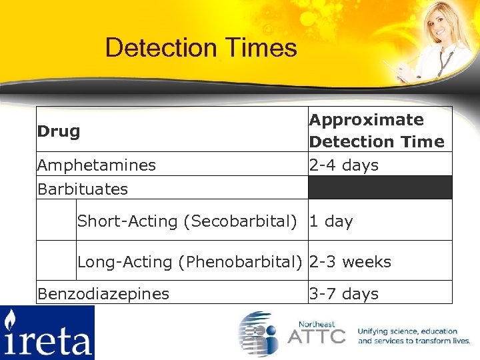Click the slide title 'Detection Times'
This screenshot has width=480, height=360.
pyautogui.click(x=201, y=48)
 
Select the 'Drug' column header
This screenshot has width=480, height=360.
pyautogui.click(x=59, y=131)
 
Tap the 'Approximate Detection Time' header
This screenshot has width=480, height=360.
pyautogui.click(x=376, y=131)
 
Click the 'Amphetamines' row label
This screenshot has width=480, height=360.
pyautogui.click(x=97, y=165)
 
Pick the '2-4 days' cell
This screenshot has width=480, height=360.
pyautogui.click(x=343, y=165)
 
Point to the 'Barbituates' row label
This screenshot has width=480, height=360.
pyautogui.click(x=83, y=189)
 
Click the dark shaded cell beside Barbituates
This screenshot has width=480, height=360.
pyautogui.click(x=379, y=187)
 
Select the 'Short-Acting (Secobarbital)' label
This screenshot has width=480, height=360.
pyautogui.click(x=187, y=221)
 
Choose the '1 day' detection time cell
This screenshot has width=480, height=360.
pyautogui.click(x=331, y=221)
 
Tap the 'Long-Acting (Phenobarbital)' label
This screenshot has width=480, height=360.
pyautogui.click(x=190, y=262)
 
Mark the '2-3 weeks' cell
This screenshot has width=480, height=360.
pyautogui.click(x=350, y=262)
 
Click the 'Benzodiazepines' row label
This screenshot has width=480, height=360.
pyautogui.click(x=103, y=293)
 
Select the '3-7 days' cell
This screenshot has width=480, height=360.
pyautogui.click(x=343, y=293)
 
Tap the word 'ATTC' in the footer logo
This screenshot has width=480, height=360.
pyautogui.click(x=316, y=335)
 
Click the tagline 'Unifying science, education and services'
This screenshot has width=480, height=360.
pyautogui.click(x=414, y=336)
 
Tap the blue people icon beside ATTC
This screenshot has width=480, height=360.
pyautogui.click(x=261, y=333)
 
